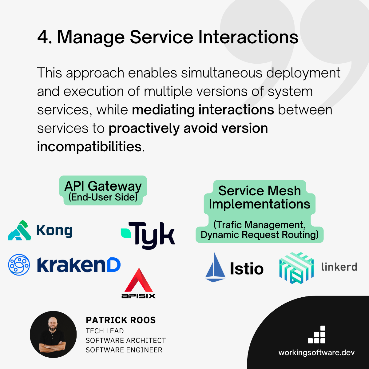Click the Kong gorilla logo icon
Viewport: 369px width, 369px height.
pyautogui.click(x=20, y=230)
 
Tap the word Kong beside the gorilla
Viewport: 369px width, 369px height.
pyautogui.click(x=54, y=231)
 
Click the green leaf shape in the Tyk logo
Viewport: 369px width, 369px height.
pyautogui.click(x=125, y=233)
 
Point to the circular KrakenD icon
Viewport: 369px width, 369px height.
pyautogui.click(x=19, y=264)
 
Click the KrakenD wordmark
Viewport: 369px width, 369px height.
pyautogui.click(x=79, y=265)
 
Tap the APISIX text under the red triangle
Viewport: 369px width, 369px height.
pyautogui.click(x=139, y=296)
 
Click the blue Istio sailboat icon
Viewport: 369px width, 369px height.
pyautogui.click(x=215, y=267)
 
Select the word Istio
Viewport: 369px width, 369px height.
pyautogui.click(x=247, y=269)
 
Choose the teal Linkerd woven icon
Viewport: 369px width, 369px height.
pyautogui.click(x=296, y=268)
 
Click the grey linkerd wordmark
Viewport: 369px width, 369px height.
pyautogui.click(x=339, y=267)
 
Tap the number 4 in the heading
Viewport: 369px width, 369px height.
pyautogui.click(x=42, y=38)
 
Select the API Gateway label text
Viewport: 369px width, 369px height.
pyautogui.click(x=103, y=186)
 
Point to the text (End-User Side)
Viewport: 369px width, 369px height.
pyautogui.click(x=103, y=197)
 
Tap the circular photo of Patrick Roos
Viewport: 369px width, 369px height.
pyautogui.click(x=53, y=335)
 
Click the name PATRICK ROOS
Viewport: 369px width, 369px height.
pyautogui.click(x=121, y=320)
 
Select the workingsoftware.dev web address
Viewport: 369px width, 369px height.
pyautogui.click(x=316, y=352)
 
